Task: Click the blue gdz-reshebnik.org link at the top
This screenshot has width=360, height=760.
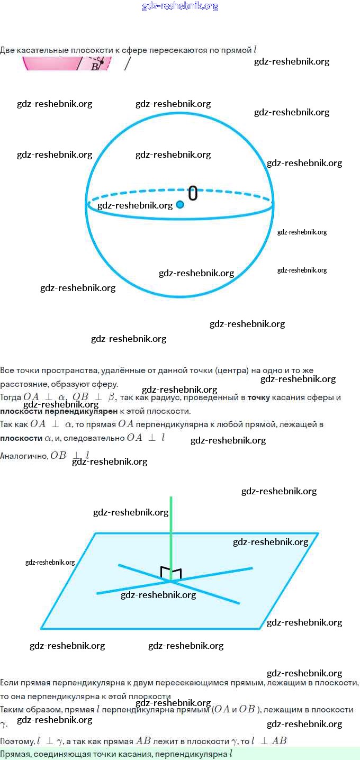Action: click(180, 6)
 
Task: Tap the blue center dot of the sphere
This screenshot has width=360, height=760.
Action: click(180, 204)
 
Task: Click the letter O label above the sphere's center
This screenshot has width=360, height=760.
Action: click(193, 193)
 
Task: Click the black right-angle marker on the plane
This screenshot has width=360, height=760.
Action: click(171, 573)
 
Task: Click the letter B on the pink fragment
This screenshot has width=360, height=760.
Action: click(95, 66)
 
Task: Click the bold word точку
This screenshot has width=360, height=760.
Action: click(258, 397)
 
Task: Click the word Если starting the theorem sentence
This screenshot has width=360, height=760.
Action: click(9, 683)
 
